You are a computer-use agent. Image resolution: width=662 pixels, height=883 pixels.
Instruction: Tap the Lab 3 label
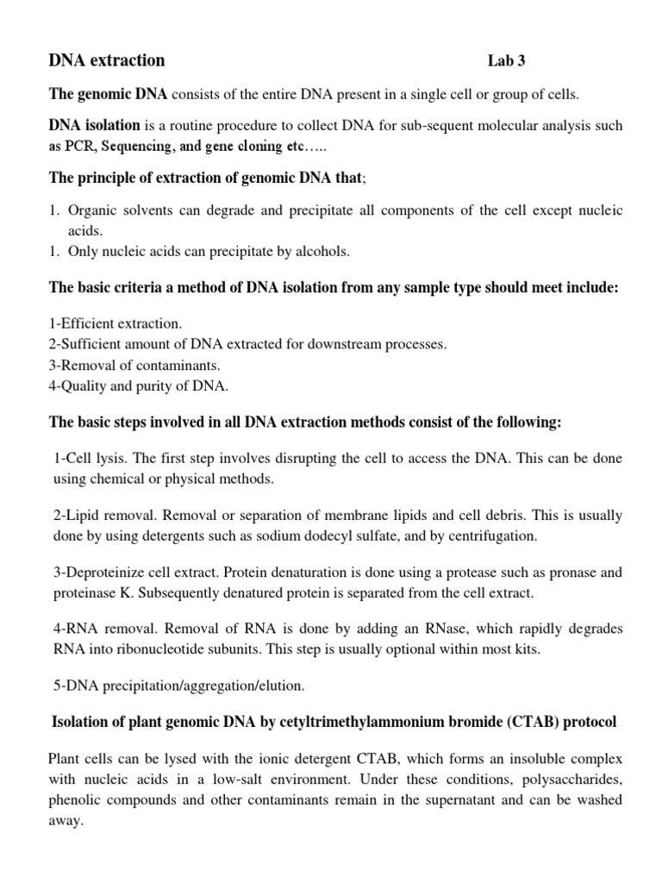[506, 62]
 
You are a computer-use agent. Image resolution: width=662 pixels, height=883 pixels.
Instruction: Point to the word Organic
[93, 211]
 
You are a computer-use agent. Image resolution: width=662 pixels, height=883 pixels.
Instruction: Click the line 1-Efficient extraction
[115, 324]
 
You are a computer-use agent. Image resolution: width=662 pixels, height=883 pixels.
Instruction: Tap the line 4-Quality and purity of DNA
[138, 386]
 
